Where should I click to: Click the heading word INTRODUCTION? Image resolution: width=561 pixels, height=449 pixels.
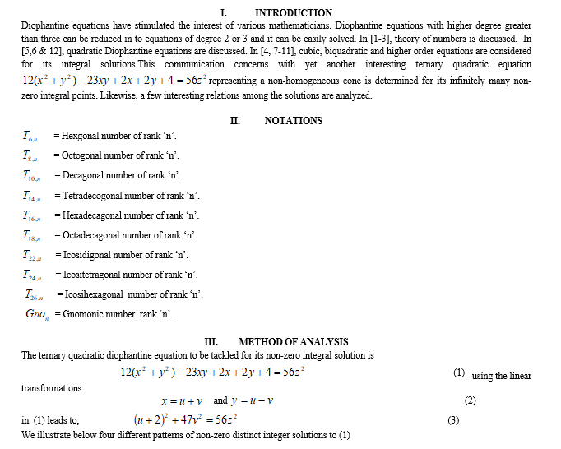pos(294,12)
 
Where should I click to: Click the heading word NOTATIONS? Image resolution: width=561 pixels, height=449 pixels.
pos(294,120)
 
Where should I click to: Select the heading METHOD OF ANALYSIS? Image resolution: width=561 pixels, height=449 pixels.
pos(293,341)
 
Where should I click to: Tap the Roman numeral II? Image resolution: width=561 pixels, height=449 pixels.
pos(235,120)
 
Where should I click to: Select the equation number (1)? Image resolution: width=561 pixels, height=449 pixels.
pos(460,373)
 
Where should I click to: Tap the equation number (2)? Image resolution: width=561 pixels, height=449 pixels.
pos(470,400)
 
